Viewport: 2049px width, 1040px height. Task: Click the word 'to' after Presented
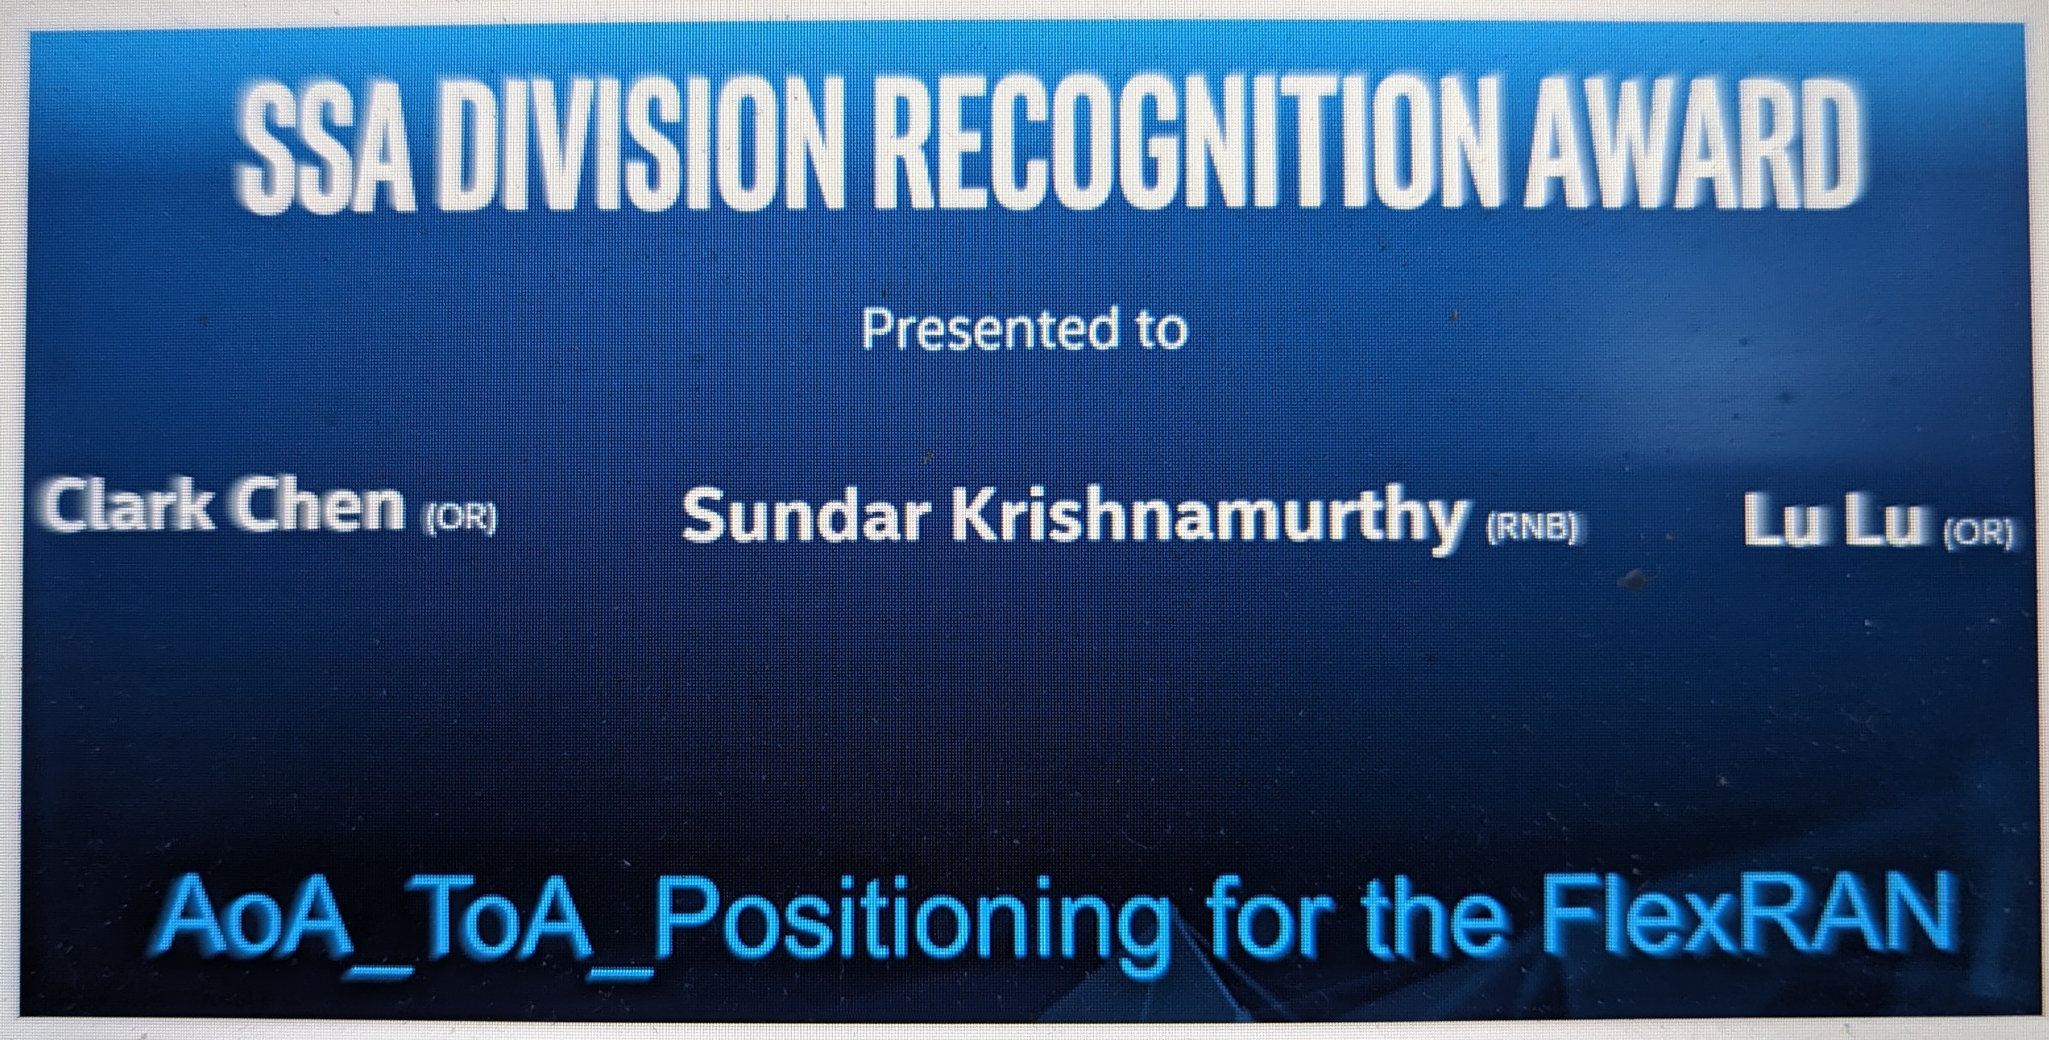click(1158, 331)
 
